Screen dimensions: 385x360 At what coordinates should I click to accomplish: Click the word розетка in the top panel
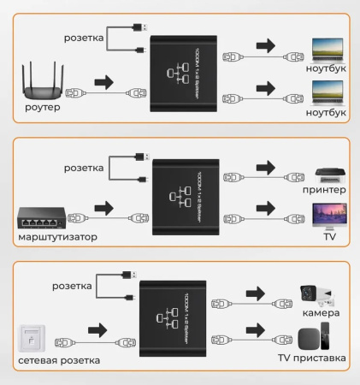point(84,38)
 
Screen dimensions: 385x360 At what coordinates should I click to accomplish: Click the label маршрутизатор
point(56,235)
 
